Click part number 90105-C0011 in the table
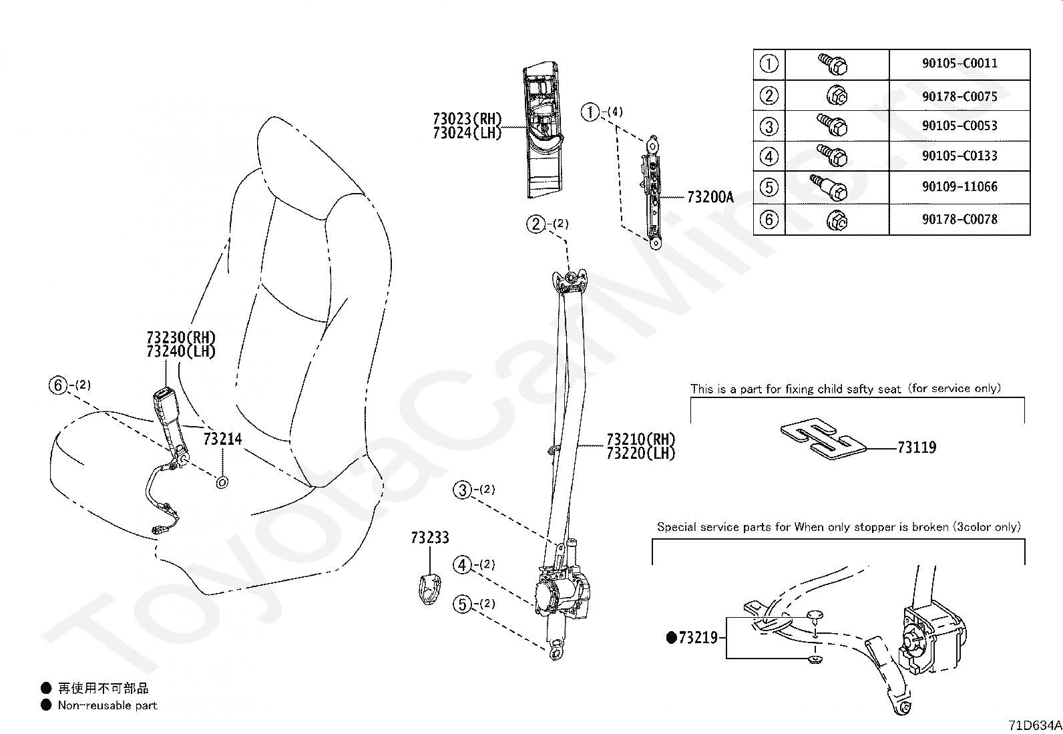coord(960,63)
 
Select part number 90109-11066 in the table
coord(960,187)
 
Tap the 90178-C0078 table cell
coord(960,219)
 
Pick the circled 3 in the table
coord(769,126)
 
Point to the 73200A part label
coord(710,197)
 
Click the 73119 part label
coord(917,447)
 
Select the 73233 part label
coord(430,538)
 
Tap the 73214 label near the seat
coord(222,439)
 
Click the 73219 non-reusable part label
coord(698,638)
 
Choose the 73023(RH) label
coord(467,119)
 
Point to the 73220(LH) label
coord(641,453)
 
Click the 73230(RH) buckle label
coord(181,337)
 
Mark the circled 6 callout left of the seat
coord(59,385)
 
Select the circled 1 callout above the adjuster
coord(590,112)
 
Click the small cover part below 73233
coord(428,587)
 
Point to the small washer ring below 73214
coord(222,482)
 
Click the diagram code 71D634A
coord(1034,725)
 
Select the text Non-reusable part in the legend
coord(108,705)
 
